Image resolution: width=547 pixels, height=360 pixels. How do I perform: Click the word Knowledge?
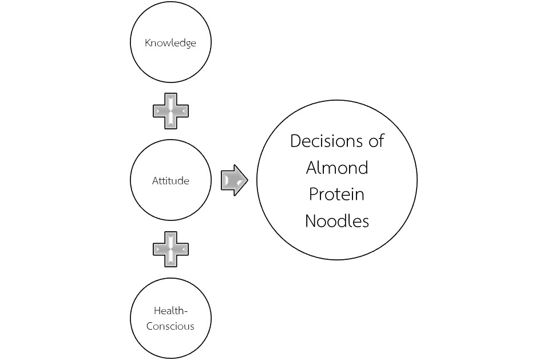(x=171, y=43)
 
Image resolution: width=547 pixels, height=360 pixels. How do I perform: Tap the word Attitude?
(x=171, y=180)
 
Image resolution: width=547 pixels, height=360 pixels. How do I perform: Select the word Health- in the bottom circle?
(x=171, y=311)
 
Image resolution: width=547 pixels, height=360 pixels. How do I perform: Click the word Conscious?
(x=171, y=326)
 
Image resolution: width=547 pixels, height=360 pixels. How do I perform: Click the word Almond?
(x=337, y=168)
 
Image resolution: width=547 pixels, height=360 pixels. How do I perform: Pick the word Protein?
(x=337, y=195)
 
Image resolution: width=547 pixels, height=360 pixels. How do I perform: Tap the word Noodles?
(x=337, y=221)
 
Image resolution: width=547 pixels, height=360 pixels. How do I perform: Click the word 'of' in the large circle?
(x=375, y=141)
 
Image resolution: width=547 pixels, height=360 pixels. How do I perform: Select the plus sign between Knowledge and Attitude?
(x=171, y=110)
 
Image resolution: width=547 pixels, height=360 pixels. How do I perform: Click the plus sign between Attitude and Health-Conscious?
(x=171, y=249)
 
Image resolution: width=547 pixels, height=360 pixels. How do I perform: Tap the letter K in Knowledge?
(x=148, y=43)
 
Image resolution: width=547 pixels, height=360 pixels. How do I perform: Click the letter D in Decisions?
(x=296, y=141)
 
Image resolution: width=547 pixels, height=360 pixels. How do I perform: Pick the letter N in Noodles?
(x=311, y=221)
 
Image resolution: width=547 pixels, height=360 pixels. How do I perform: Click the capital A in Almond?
(x=312, y=168)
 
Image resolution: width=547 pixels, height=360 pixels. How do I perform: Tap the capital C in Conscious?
(x=150, y=326)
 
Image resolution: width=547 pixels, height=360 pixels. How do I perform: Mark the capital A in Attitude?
(x=155, y=180)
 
